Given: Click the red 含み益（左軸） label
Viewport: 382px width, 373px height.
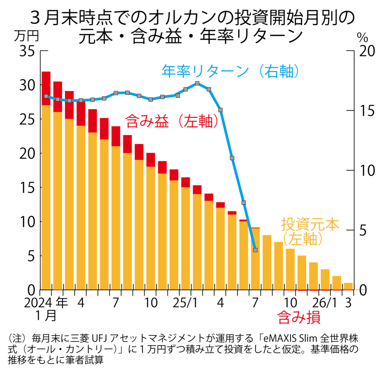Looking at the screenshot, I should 171,121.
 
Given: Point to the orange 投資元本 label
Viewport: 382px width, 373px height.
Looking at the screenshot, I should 310,225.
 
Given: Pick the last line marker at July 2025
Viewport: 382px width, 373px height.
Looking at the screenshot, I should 255,250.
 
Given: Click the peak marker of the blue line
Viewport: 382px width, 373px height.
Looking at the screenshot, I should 197,84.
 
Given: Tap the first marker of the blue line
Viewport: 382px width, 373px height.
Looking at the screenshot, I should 46,96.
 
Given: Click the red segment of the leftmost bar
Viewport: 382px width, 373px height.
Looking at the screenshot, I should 46,88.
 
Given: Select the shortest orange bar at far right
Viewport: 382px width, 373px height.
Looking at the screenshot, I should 348,286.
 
